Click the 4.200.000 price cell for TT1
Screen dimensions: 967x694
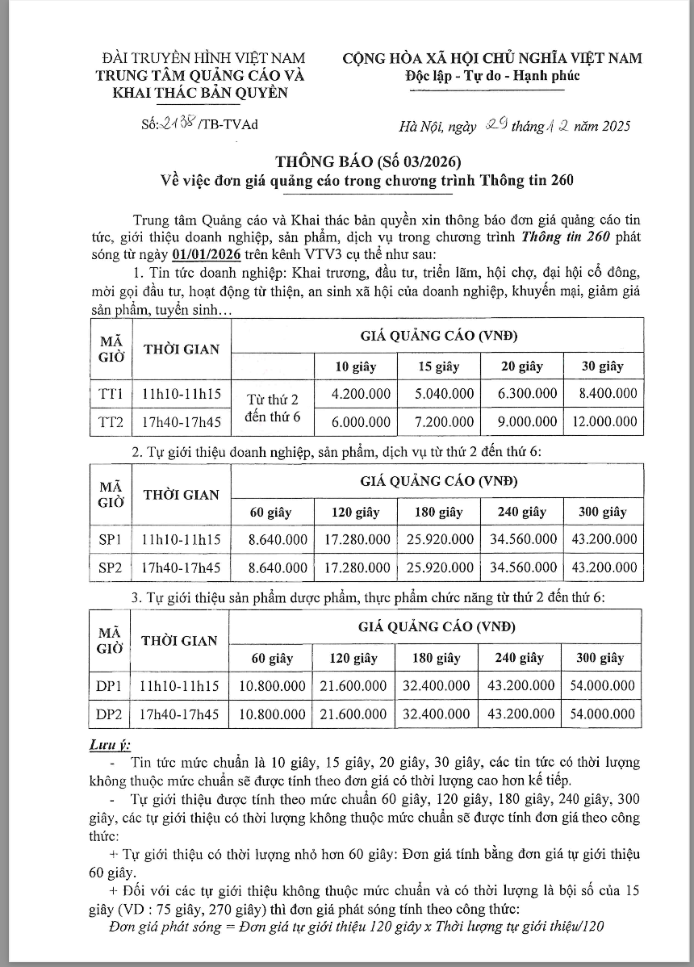point(361,394)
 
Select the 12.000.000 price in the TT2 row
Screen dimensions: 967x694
point(604,421)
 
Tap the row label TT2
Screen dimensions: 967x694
point(110,421)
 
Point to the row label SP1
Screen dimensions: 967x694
point(110,539)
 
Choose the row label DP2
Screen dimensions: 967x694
point(108,714)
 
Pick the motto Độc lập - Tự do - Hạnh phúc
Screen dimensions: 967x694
point(492,76)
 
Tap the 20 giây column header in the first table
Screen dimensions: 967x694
point(521,366)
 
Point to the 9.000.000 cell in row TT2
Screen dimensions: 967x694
point(522,421)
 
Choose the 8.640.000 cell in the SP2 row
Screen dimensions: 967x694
point(278,568)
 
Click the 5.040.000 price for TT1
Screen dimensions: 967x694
point(440,394)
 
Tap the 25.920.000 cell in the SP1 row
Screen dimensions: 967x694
point(439,539)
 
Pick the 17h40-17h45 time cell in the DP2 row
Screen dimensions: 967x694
point(179,714)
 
